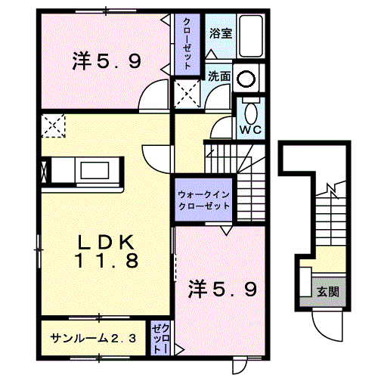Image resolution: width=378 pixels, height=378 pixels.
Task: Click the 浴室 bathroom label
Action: [x=220, y=33]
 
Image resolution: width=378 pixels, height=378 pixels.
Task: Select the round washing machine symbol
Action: [x=246, y=78]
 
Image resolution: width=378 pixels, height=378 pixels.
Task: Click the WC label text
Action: [x=249, y=130]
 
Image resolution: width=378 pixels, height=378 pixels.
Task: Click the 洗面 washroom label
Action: [x=219, y=76]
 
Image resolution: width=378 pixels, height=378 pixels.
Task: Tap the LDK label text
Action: [x=106, y=243]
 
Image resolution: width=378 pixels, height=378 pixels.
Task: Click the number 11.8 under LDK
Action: [x=106, y=262]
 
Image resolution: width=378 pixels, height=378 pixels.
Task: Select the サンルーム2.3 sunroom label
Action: [x=93, y=338]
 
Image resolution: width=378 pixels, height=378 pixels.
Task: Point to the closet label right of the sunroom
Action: [x=160, y=337]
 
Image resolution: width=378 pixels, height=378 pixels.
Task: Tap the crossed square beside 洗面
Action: [x=187, y=94]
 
